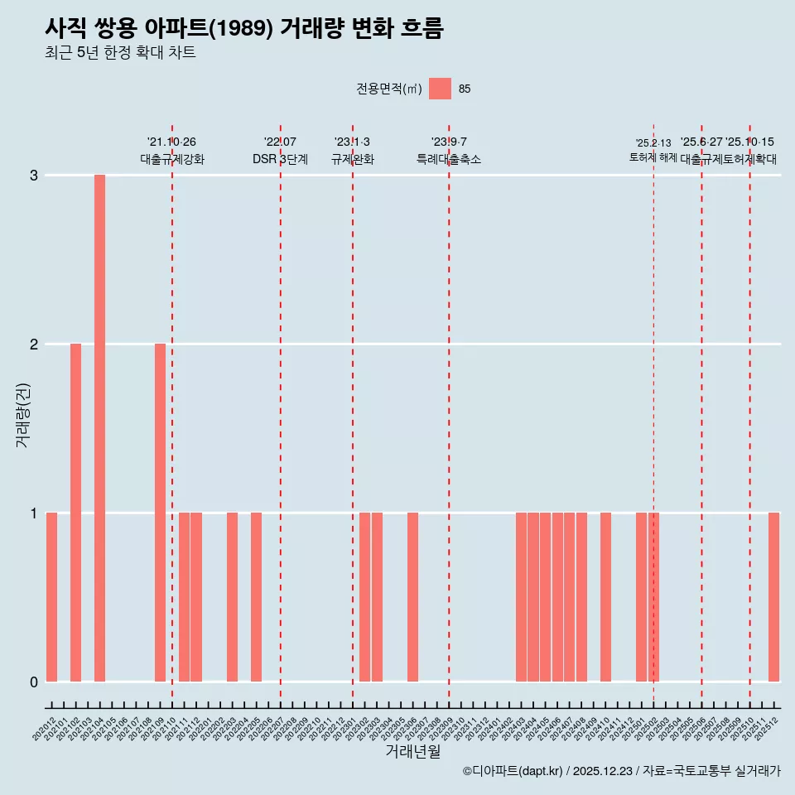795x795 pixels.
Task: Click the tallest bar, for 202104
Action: [x=99, y=428]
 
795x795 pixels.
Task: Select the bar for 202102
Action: [x=75, y=513]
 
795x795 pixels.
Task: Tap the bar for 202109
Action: [x=160, y=513]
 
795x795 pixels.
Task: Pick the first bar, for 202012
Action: [x=51, y=597]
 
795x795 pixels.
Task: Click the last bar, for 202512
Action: [x=773, y=597]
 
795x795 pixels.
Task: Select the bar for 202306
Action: [x=412, y=597]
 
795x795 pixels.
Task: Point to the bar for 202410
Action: [x=605, y=597]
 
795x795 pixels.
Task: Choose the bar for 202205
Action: [x=256, y=597]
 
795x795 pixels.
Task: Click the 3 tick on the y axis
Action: [x=34, y=176]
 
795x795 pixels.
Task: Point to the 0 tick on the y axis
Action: [x=34, y=682]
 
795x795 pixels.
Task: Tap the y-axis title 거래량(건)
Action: [x=23, y=414]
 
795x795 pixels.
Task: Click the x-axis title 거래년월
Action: [x=412, y=751]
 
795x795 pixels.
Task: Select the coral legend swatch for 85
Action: [x=440, y=89]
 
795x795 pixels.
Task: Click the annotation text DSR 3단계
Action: [x=280, y=159]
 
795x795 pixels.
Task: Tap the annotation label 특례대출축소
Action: [x=448, y=159]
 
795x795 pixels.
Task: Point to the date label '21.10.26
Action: [x=171, y=142]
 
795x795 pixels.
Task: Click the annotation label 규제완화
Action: [x=353, y=159]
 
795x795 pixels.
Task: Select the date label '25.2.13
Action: [x=653, y=143]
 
